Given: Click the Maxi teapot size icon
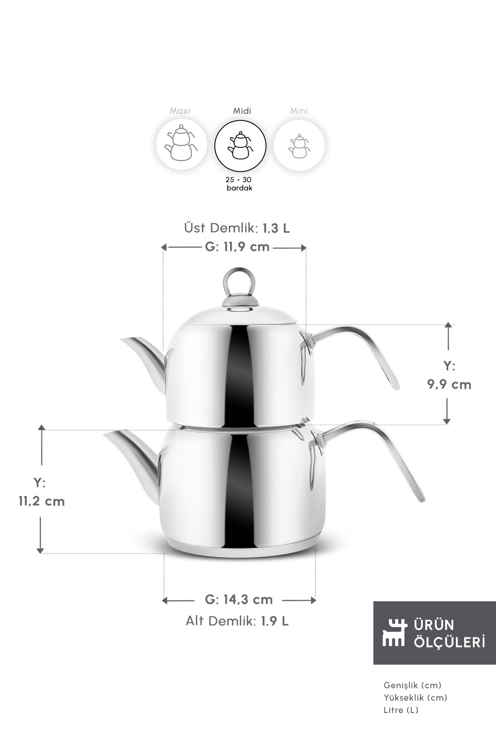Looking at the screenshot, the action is tap(181, 145).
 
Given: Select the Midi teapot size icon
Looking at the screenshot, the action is tap(240, 145).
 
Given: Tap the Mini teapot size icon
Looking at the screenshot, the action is tap(299, 145).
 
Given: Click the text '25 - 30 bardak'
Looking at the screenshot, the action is tap(239, 184).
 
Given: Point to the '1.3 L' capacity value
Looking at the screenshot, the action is tap(276, 228).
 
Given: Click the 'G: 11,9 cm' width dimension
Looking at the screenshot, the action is tap(237, 247).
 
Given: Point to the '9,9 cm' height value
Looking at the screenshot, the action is tap(449, 385).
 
